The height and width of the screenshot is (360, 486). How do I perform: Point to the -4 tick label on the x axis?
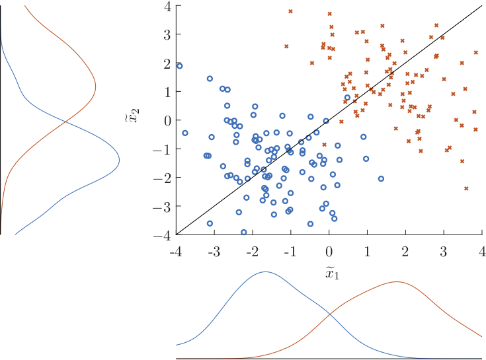tap(176, 252)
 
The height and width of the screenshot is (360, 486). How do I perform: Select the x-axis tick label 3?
tap(444, 252)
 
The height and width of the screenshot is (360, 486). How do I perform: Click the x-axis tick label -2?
tap(252, 252)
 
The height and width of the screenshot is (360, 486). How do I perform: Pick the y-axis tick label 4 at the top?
tap(168, 6)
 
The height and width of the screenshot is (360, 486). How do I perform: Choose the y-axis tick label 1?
tap(168, 92)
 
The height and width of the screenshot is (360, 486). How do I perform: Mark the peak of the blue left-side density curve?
tap(119, 159)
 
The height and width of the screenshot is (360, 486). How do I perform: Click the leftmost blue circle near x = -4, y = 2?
tap(179, 66)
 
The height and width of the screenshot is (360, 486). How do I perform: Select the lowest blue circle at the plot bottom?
tap(244, 232)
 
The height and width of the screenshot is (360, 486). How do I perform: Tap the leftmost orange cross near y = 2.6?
tap(286, 46)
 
